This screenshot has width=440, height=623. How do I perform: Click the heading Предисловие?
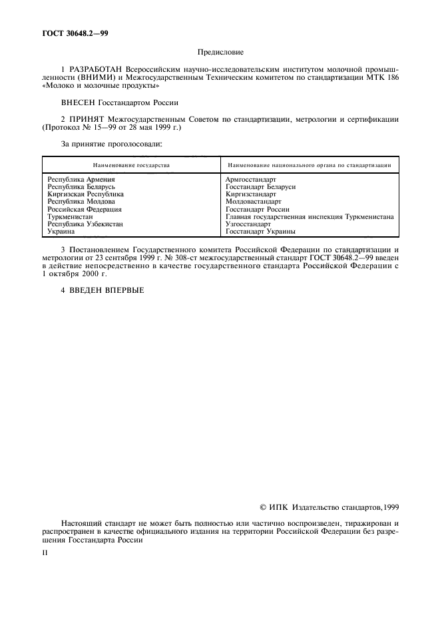coord(220,51)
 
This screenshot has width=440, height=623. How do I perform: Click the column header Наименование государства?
coord(131,164)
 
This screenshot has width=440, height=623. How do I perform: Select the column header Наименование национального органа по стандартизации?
coord(309,164)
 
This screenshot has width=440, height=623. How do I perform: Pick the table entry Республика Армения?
coord(81,180)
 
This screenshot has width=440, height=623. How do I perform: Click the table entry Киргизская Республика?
coord(85,194)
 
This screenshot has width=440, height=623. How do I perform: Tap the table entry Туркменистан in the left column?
coord(70,216)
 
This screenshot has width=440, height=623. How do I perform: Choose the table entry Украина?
coord(61,231)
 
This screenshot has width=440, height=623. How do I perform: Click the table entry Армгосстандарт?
coord(251,180)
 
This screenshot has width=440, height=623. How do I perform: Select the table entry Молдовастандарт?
coord(254,202)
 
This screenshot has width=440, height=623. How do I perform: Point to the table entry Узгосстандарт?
coord(248,224)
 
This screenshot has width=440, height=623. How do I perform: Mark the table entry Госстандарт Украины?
coord(260,231)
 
